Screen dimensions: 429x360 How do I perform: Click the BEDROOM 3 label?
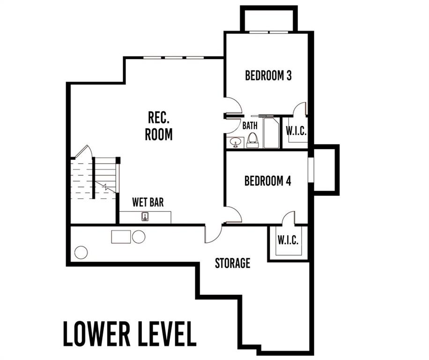[268, 75]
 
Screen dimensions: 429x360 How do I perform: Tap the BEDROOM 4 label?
[267, 181]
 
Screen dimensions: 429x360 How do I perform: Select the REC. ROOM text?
[159, 126]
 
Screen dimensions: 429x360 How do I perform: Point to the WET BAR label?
[148, 202]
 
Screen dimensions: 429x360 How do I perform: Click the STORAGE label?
[233, 263]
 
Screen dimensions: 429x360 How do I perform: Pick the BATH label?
[250, 126]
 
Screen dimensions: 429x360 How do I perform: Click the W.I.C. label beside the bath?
[296, 131]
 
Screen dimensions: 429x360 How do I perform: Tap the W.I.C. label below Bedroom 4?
[288, 240]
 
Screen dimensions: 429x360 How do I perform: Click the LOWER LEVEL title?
[130, 334]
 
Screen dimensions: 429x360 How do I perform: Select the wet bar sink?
[145, 217]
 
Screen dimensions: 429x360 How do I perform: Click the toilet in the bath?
[252, 140]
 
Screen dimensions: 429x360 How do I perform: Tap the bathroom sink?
[235, 142]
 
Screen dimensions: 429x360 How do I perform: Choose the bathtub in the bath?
[271, 133]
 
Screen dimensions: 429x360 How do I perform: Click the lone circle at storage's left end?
[81, 252]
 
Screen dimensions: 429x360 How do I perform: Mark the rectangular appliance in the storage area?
[121, 237]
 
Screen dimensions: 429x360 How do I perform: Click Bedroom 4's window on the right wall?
[311, 170]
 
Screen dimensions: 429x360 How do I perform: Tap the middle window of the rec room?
[173, 58]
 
